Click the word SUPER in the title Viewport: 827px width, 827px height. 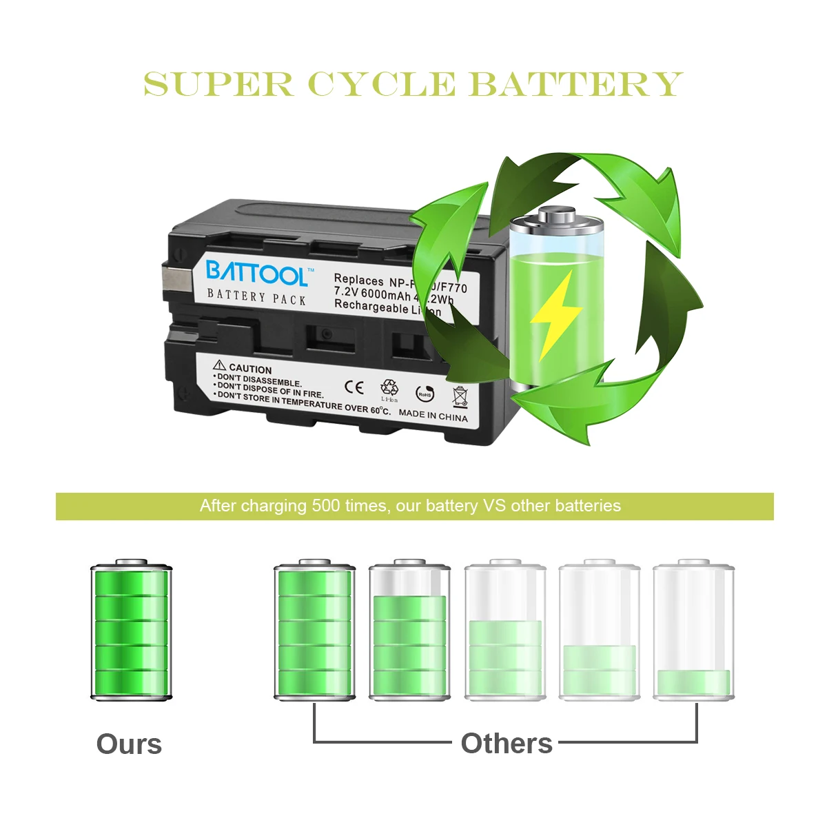[218, 85]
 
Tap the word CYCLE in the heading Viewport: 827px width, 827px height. [382, 85]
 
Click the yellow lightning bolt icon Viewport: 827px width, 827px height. [555, 314]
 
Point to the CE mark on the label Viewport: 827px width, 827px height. [354, 387]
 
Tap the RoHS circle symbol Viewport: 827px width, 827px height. [425, 394]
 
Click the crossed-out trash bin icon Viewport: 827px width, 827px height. [460, 396]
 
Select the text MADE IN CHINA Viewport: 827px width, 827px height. [433, 416]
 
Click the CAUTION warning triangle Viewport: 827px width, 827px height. [220, 365]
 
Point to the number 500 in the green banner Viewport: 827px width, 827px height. [325, 506]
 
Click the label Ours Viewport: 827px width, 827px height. [129, 744]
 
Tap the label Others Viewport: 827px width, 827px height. [507, 744]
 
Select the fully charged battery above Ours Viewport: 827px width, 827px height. [131, 631]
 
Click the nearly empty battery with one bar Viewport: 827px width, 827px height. [693, 631]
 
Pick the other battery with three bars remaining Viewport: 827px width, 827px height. [505, 631]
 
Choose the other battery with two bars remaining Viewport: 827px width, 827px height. [599, 631]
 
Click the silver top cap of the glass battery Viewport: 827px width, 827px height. [557, 216]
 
